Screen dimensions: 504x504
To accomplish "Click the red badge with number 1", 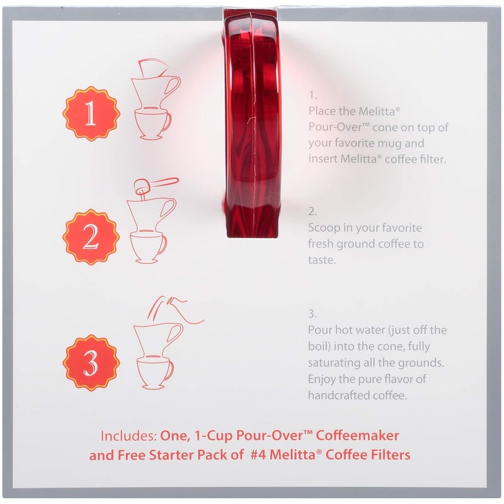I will (91, 114).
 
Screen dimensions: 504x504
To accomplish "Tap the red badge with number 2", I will (91, 237).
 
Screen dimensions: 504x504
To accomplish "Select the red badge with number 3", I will (91, 363).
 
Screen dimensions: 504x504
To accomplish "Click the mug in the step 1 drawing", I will (152, 122).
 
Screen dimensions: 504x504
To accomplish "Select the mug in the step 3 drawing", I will (152, 372).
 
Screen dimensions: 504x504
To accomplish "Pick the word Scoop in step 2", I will (324, 227).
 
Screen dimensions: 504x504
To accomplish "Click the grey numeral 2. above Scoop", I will (313, 211).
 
